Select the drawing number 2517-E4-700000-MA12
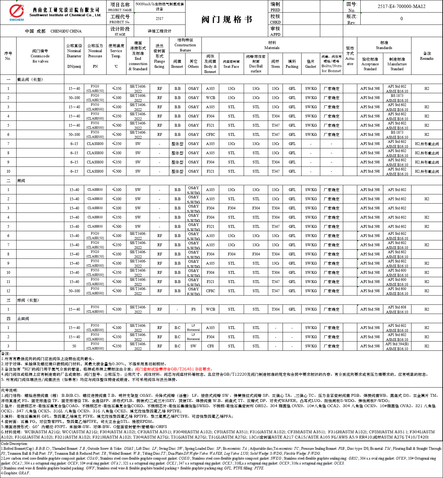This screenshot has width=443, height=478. click(x=401, y=6)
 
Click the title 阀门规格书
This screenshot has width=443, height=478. click(x=227, y=20)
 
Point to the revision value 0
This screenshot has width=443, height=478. click(x=401, y=19)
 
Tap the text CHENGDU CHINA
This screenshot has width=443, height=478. click(x=66, y=31)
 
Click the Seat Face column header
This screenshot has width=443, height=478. click(x=231, y=64)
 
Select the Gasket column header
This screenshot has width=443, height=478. click(x=310, y=64)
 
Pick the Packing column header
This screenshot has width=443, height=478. click(x=292, y=64)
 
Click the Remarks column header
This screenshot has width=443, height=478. click(x=427, y=56)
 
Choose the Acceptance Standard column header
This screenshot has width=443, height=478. click(x=370, y=64)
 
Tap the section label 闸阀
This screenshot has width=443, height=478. click(x=21, y=181)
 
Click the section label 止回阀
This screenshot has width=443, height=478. click(x=23, y=319)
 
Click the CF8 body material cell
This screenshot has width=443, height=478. click(x=210, y=346)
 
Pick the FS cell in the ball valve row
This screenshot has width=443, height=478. click(x=193, y=309)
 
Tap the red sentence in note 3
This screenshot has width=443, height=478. click(x=174, y=369)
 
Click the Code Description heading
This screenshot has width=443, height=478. click(x=14, y=444)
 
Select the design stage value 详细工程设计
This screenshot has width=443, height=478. click(x=160, y=31)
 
